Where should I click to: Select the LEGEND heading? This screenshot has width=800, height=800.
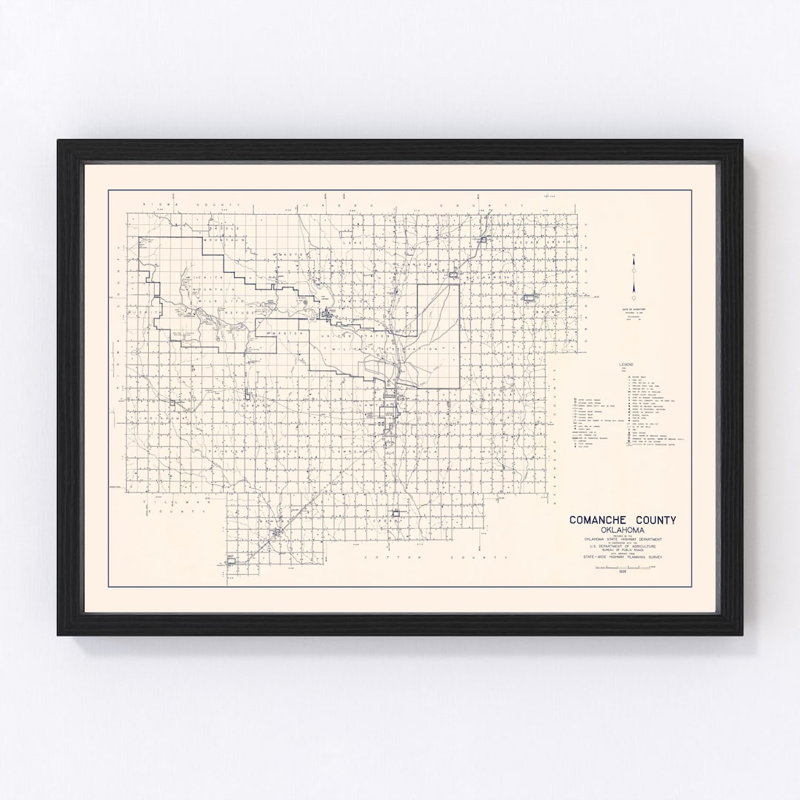627,365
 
